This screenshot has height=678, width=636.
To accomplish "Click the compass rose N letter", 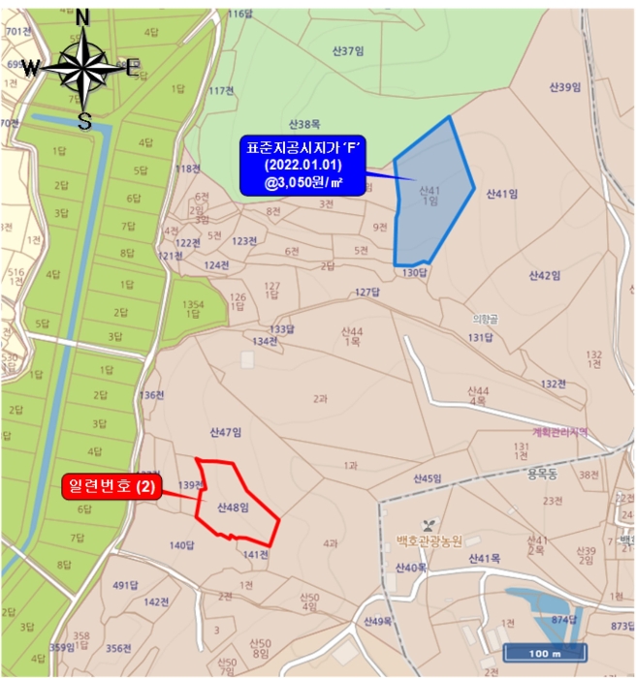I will click(x=83, y=17).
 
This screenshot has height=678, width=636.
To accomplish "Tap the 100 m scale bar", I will click(x=545, y=651).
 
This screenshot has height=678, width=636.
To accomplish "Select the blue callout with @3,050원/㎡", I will click(x=302, y=165).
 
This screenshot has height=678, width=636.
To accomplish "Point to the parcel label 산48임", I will click(x=233, y=507).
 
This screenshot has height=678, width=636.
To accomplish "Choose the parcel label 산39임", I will click(x=563, y=87).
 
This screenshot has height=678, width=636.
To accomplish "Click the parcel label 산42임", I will click(x=546, y=275).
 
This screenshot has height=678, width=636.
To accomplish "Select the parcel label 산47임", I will click(x=225, y=431).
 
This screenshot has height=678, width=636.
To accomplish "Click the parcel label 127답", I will click(x=366, y=292).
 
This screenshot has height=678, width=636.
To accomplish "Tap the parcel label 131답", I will click(x=481, y=337).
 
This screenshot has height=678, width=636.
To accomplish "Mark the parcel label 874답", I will click(x=564, y=619).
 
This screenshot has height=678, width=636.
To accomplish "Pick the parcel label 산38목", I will click(x=303, y=124).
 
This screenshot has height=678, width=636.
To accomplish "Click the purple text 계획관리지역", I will click(x=560, y=432).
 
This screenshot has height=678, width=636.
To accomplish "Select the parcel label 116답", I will click(x=238, y=15).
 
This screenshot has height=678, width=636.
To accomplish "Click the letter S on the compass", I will click(x=84, y=121).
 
